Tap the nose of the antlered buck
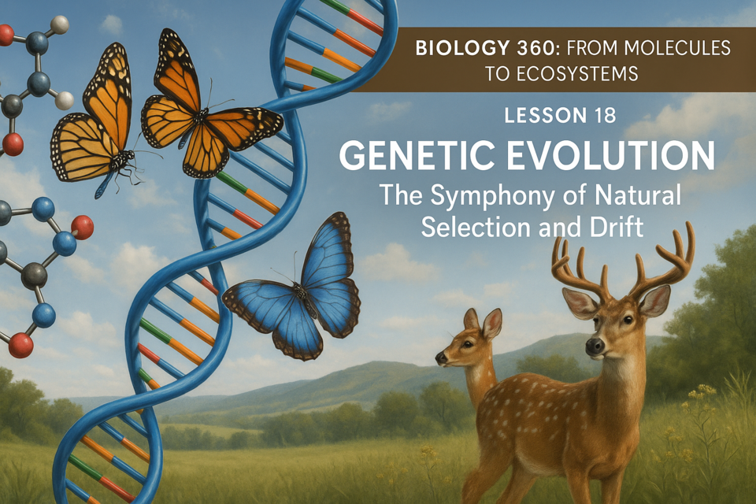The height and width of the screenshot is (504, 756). [595, 346]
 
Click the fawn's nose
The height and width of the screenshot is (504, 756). [441, 358]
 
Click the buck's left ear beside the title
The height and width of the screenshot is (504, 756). [580, 303]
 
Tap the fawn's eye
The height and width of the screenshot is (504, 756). [467, 344]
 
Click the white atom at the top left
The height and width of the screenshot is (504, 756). [60, 24]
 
